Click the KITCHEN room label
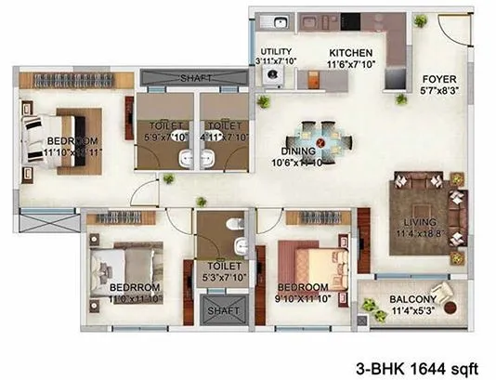click(x=351, y=53)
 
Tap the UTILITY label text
click(x=276, y=52)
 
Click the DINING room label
click(x=299, y=151)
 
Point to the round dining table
click(x=321, y=142)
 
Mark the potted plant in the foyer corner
click(x=420, y=20)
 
